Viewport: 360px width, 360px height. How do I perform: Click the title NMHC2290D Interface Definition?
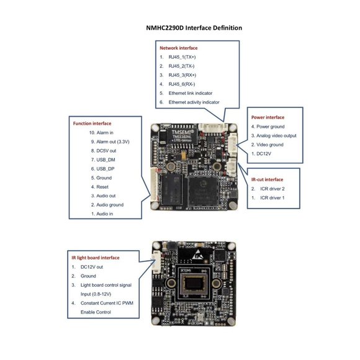(194, 28)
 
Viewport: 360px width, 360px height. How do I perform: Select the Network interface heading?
(179, 48)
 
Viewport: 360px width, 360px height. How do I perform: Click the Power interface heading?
(268, 117)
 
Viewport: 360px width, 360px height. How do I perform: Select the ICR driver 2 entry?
(272, 189)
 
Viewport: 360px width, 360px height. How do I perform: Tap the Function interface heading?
(92, 124)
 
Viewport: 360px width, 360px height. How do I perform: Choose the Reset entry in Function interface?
(103, 186)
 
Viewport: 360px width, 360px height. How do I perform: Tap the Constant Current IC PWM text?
(107, 303)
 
